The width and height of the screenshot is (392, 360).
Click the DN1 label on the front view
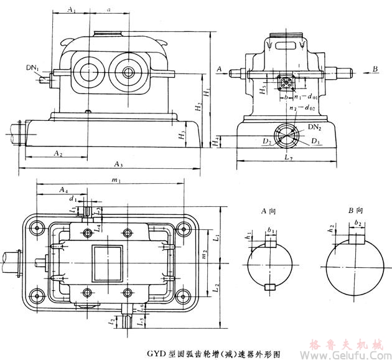coord(33,67)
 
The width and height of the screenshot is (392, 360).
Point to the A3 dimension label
coord(118,164)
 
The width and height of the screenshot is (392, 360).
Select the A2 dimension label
coord(57,153)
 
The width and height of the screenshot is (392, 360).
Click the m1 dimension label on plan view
coord(116,180)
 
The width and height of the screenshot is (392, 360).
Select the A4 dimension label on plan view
coord(63,189)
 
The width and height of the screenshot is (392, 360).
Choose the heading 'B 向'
coord(355,211)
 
